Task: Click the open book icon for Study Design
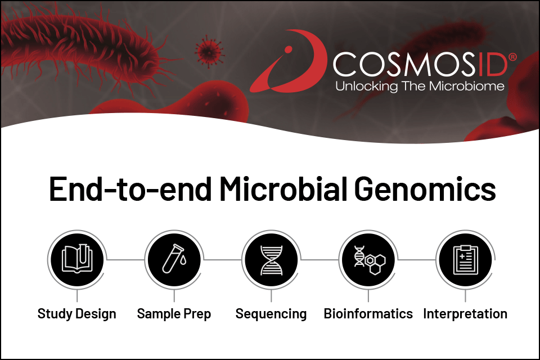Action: pyautogui.click(x=76, y=260)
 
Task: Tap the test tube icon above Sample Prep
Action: pyautogui.click(x=174, y=260)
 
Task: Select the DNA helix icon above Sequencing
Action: pyautogui.click(x=271, y=260)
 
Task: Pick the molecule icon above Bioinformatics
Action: pyautogui.click(x=368, y=260)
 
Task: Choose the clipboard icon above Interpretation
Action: pyautogui.click(x=465, y=260)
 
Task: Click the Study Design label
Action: pyautogui.click(x=76, y=314)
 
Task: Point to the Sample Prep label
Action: pyautogui.click(x=174, y=314)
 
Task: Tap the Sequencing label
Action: pyautogui.click(x=271, y=314)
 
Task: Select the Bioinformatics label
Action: pyautogui.click(x=368, y=314)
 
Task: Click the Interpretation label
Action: pyautogui.click(x=465, y=314)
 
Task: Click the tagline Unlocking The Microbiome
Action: pyautogui.click(x=420, y=86)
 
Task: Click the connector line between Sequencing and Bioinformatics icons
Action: pyautogui.click(x=319, y=260)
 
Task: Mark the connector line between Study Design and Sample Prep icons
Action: pyautogui.click(x=125, y=260)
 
